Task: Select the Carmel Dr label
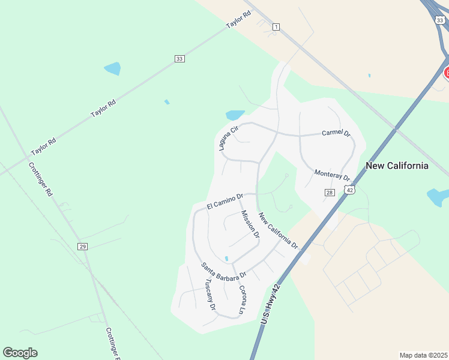click(x=336, y=133)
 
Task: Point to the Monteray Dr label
click(x=332, y=175)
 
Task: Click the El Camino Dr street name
click(x=224, y=201)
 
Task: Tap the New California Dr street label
click(x=278, y=230)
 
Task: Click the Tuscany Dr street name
click(x=210, y=294)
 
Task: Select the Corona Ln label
click(x=242, y=299)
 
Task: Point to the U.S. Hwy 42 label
click(x=271, y=304)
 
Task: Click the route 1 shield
click(x=276, y=27)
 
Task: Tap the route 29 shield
click(x=83, y=247)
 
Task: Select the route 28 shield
click(x=330, y=192)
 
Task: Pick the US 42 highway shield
click(x=349, y=190)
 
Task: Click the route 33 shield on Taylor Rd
click(x=179, y=58)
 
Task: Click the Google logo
click(x=20, y=353)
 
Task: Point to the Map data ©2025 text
click(x=424, y=355)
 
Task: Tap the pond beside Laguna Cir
click(x=234, y=115)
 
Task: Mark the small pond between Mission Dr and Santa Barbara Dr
click(x=226, y=259)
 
